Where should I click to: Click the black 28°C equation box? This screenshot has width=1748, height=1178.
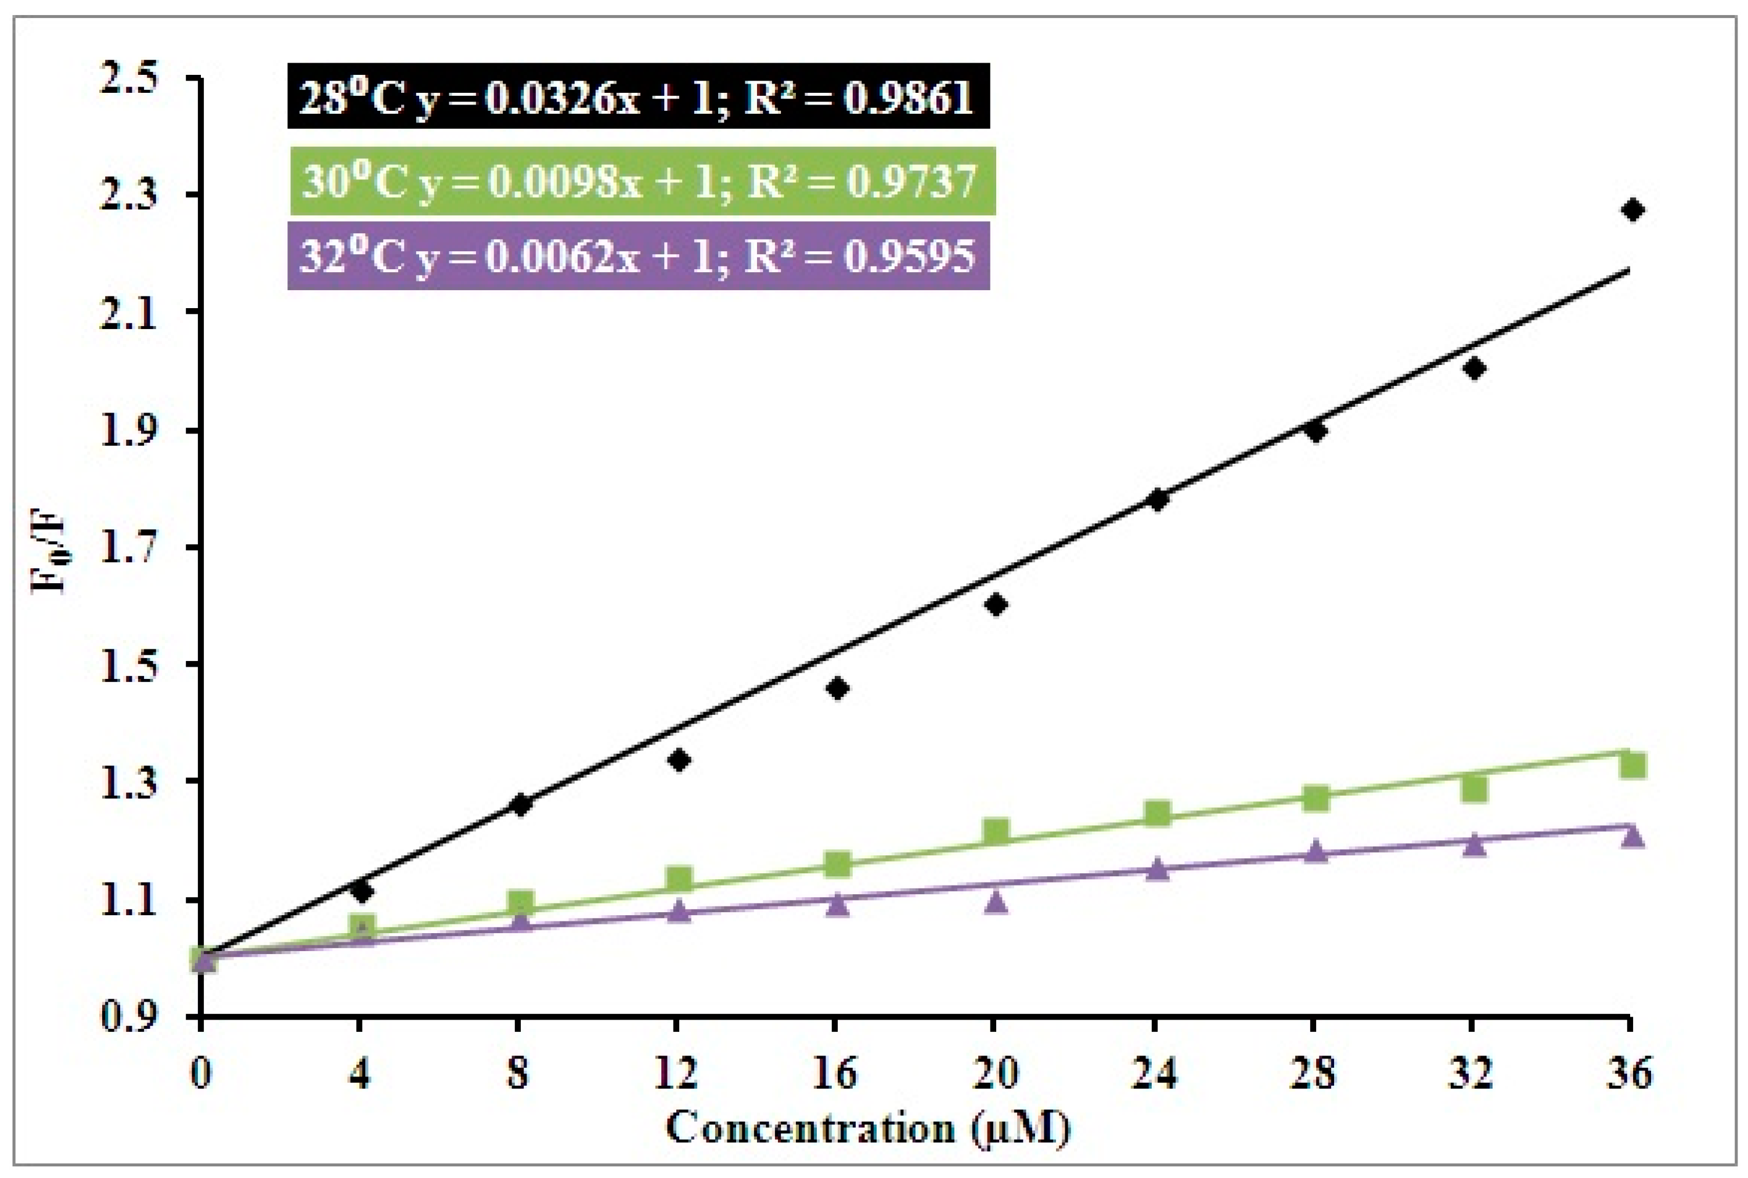pyautogui.click(x=638, y=96)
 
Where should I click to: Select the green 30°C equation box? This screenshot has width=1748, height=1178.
pyautogui.click(x=641, y=180)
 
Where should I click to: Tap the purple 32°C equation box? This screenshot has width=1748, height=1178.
pyautogui.click(x=638, y=255)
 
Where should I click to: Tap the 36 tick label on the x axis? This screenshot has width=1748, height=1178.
pyautogui.click(x=1629, y=1073)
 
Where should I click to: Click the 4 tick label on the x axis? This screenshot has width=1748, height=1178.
pyautogui.click(x=360, y=1073)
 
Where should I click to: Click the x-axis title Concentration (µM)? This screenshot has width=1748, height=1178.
pyautogui.click(x=868, y=1128)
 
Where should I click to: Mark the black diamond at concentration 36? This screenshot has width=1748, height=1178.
pyautogui.click(x=1631, y=209)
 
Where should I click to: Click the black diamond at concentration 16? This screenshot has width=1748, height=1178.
pyautogui.click(x=837, y=688)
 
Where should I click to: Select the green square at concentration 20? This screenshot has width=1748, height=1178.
pyautogui.click(x=996, y=831)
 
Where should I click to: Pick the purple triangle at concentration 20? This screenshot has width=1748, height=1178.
pyautogui.click(x=996, y=901)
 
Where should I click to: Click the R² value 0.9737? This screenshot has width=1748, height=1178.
pyautogui.click(x=911, y=180)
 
